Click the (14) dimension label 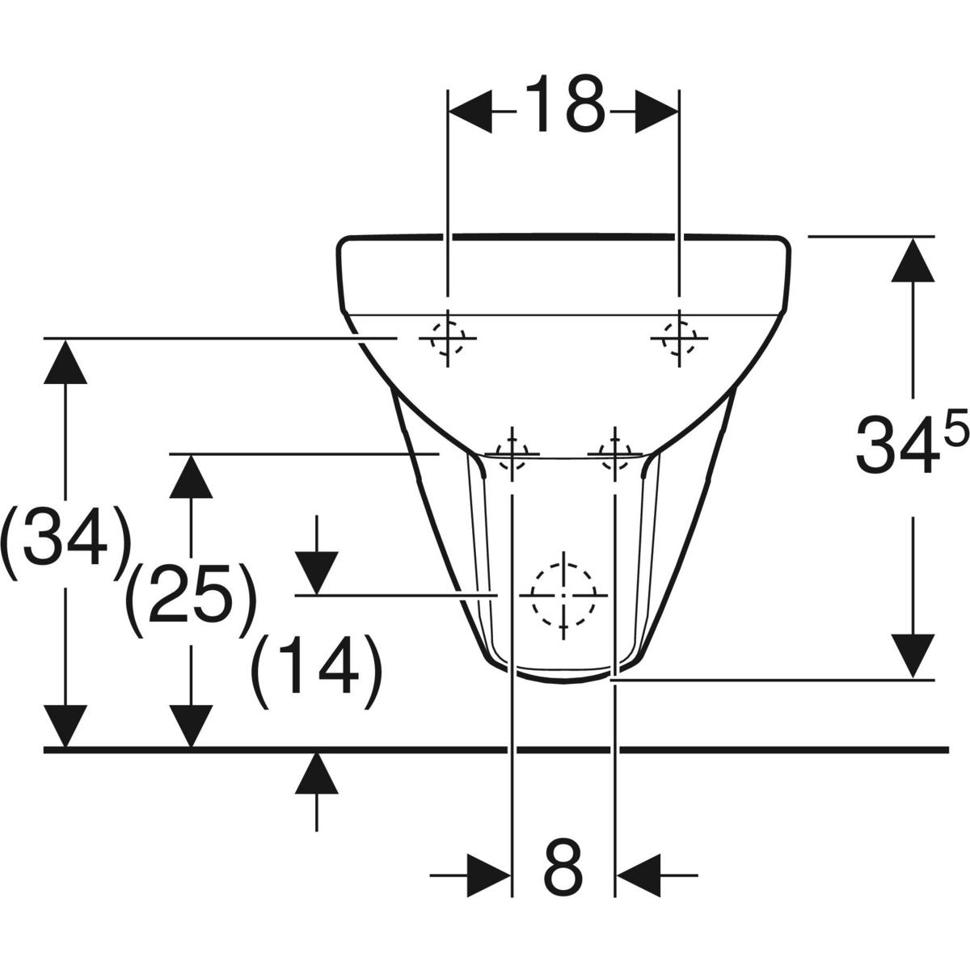coord(316,670)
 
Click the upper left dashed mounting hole coord(447,338)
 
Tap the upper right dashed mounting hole coord(679,337)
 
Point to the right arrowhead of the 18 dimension coord(656,111)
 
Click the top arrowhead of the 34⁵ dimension coord(913,260)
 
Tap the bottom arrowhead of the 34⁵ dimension coord(913,656)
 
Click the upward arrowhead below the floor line coord(316,774)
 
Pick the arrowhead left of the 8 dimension coord(490,874)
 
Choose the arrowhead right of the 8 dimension coord(637,874)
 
